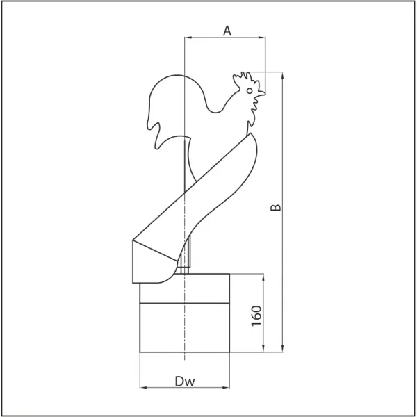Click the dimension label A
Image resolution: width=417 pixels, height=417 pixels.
coord(227,31)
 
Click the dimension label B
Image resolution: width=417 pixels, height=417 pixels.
coord(275,207)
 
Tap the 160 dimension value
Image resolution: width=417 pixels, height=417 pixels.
coord(256,316)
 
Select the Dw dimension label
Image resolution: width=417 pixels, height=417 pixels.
coord(185,382)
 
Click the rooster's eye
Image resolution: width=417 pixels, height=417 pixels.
coord(250,90)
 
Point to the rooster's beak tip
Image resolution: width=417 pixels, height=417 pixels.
coord(265,93)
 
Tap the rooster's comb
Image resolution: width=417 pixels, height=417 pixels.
coord(245,79)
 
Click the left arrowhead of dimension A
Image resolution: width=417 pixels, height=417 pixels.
coord(188,38)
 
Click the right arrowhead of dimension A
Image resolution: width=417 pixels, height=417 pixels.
coord(262,38)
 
